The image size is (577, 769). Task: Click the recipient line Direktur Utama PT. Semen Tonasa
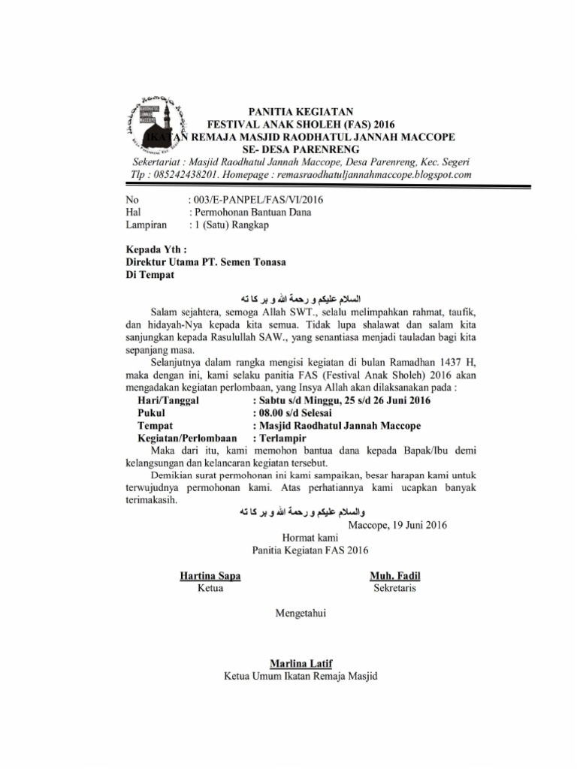click(x=205, y=262)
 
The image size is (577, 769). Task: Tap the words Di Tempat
click(x=150, y=275)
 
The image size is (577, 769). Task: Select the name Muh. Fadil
click(x=395, y=576)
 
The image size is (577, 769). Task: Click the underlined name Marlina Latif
click(x=301, y=662)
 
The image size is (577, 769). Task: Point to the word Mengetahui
click(x=301, y=614)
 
